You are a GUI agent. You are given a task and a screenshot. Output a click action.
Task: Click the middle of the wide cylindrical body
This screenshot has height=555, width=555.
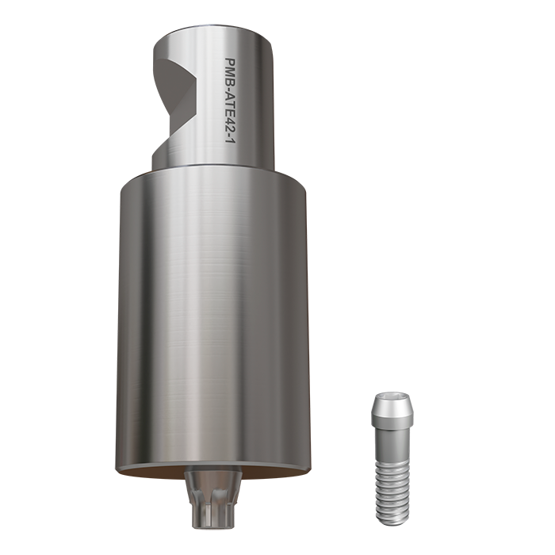[x=212, y=317]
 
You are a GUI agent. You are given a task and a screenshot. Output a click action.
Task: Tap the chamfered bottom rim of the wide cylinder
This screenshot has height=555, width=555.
[x=212, y=469]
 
